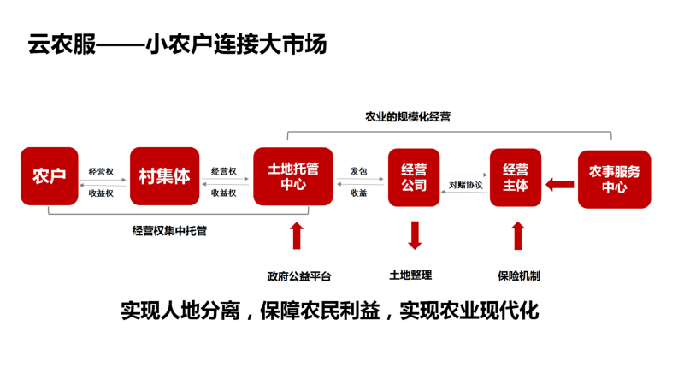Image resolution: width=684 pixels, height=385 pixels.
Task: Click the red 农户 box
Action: pyautogui.click(x=50, y=176)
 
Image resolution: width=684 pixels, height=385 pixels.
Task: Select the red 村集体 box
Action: pyautogui.click(x=164, y=176)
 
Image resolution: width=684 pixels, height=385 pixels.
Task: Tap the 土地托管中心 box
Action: pyautogui.click(x=293, y=176)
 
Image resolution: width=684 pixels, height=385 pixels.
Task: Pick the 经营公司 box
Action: pyautogui.click(x=414, y=177)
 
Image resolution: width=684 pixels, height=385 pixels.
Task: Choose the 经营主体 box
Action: pyautogui.click(x=516, y=177)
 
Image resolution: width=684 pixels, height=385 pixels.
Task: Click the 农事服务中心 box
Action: pyautogui.click(x=614, y=179)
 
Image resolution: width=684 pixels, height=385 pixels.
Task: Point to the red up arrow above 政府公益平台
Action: pyautogui.click(x=297, y=236)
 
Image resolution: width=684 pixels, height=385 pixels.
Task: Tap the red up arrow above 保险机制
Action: pyautogui.click(x=518, y=236)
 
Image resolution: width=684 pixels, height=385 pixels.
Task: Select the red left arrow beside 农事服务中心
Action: pyautogui.click(x=560, y=185)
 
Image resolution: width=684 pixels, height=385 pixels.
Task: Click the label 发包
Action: pyautogui.click(x=358, y=171)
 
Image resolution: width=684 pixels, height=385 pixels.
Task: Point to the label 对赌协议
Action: pyautogui.click(x=466, y=185)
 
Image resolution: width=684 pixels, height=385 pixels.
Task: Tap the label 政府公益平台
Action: pyautogui.click(x=299, y=276)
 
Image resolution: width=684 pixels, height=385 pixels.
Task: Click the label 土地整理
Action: pyautogui.click(x=410, y=275)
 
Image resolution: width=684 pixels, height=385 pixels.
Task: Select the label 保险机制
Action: pyautogui.click(x=519, y=275)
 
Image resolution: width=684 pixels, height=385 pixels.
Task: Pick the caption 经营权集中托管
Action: pyautogui.click(x=169, y=230)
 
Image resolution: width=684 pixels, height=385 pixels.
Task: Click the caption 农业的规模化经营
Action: pyautogui.click(x=408, y=116)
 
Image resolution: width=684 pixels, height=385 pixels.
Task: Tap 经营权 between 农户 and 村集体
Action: pyautogui.click(x=101, y=172)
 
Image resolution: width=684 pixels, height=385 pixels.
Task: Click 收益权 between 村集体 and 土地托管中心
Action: pyautogui.click(x=224, y=193)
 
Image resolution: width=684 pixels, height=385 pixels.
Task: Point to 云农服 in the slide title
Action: pyautogui.click(x=62, y=44)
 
